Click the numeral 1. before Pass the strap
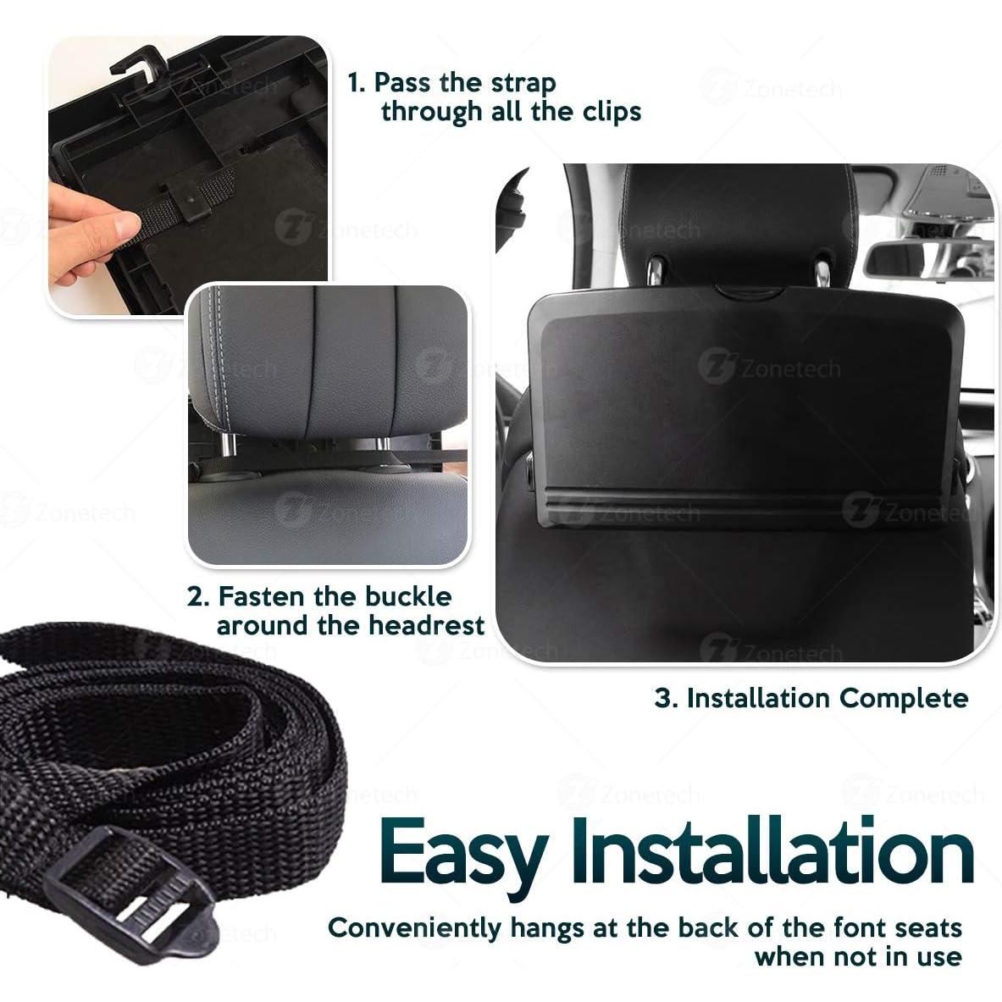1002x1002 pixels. pos(357,83)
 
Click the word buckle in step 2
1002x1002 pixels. pos(408,596)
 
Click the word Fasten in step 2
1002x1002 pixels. pos(262,596)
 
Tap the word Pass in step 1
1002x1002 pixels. pos(404,83)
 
